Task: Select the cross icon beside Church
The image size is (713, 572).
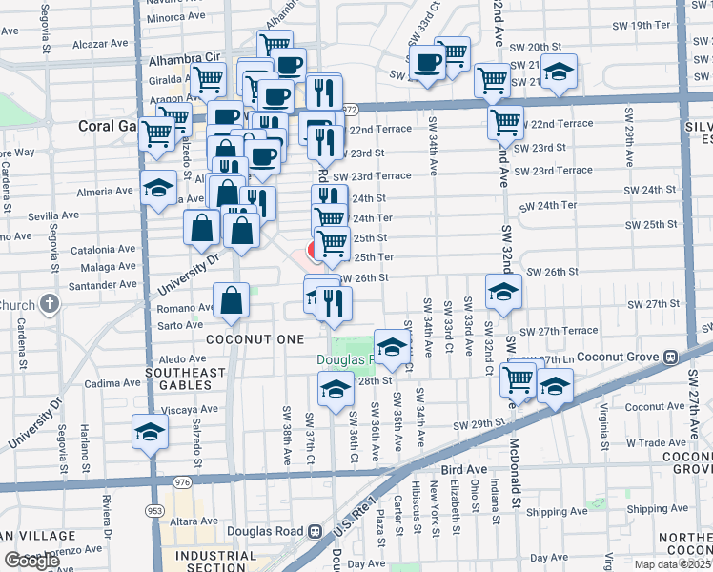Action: click(51, 305)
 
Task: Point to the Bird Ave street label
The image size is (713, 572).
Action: click(465, 470)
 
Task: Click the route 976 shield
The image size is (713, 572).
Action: click(183, 483)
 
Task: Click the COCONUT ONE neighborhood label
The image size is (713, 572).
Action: click(256, 339)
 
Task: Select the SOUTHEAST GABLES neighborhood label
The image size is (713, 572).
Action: click(185, 378)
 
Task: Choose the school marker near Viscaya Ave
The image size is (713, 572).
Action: click(149, 431)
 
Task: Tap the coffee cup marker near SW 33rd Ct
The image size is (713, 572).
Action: click(428, 63)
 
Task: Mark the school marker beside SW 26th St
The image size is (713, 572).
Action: click(502, 291)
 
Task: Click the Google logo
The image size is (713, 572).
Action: click(31, 561)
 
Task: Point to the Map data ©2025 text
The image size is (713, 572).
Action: click(673, 563)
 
